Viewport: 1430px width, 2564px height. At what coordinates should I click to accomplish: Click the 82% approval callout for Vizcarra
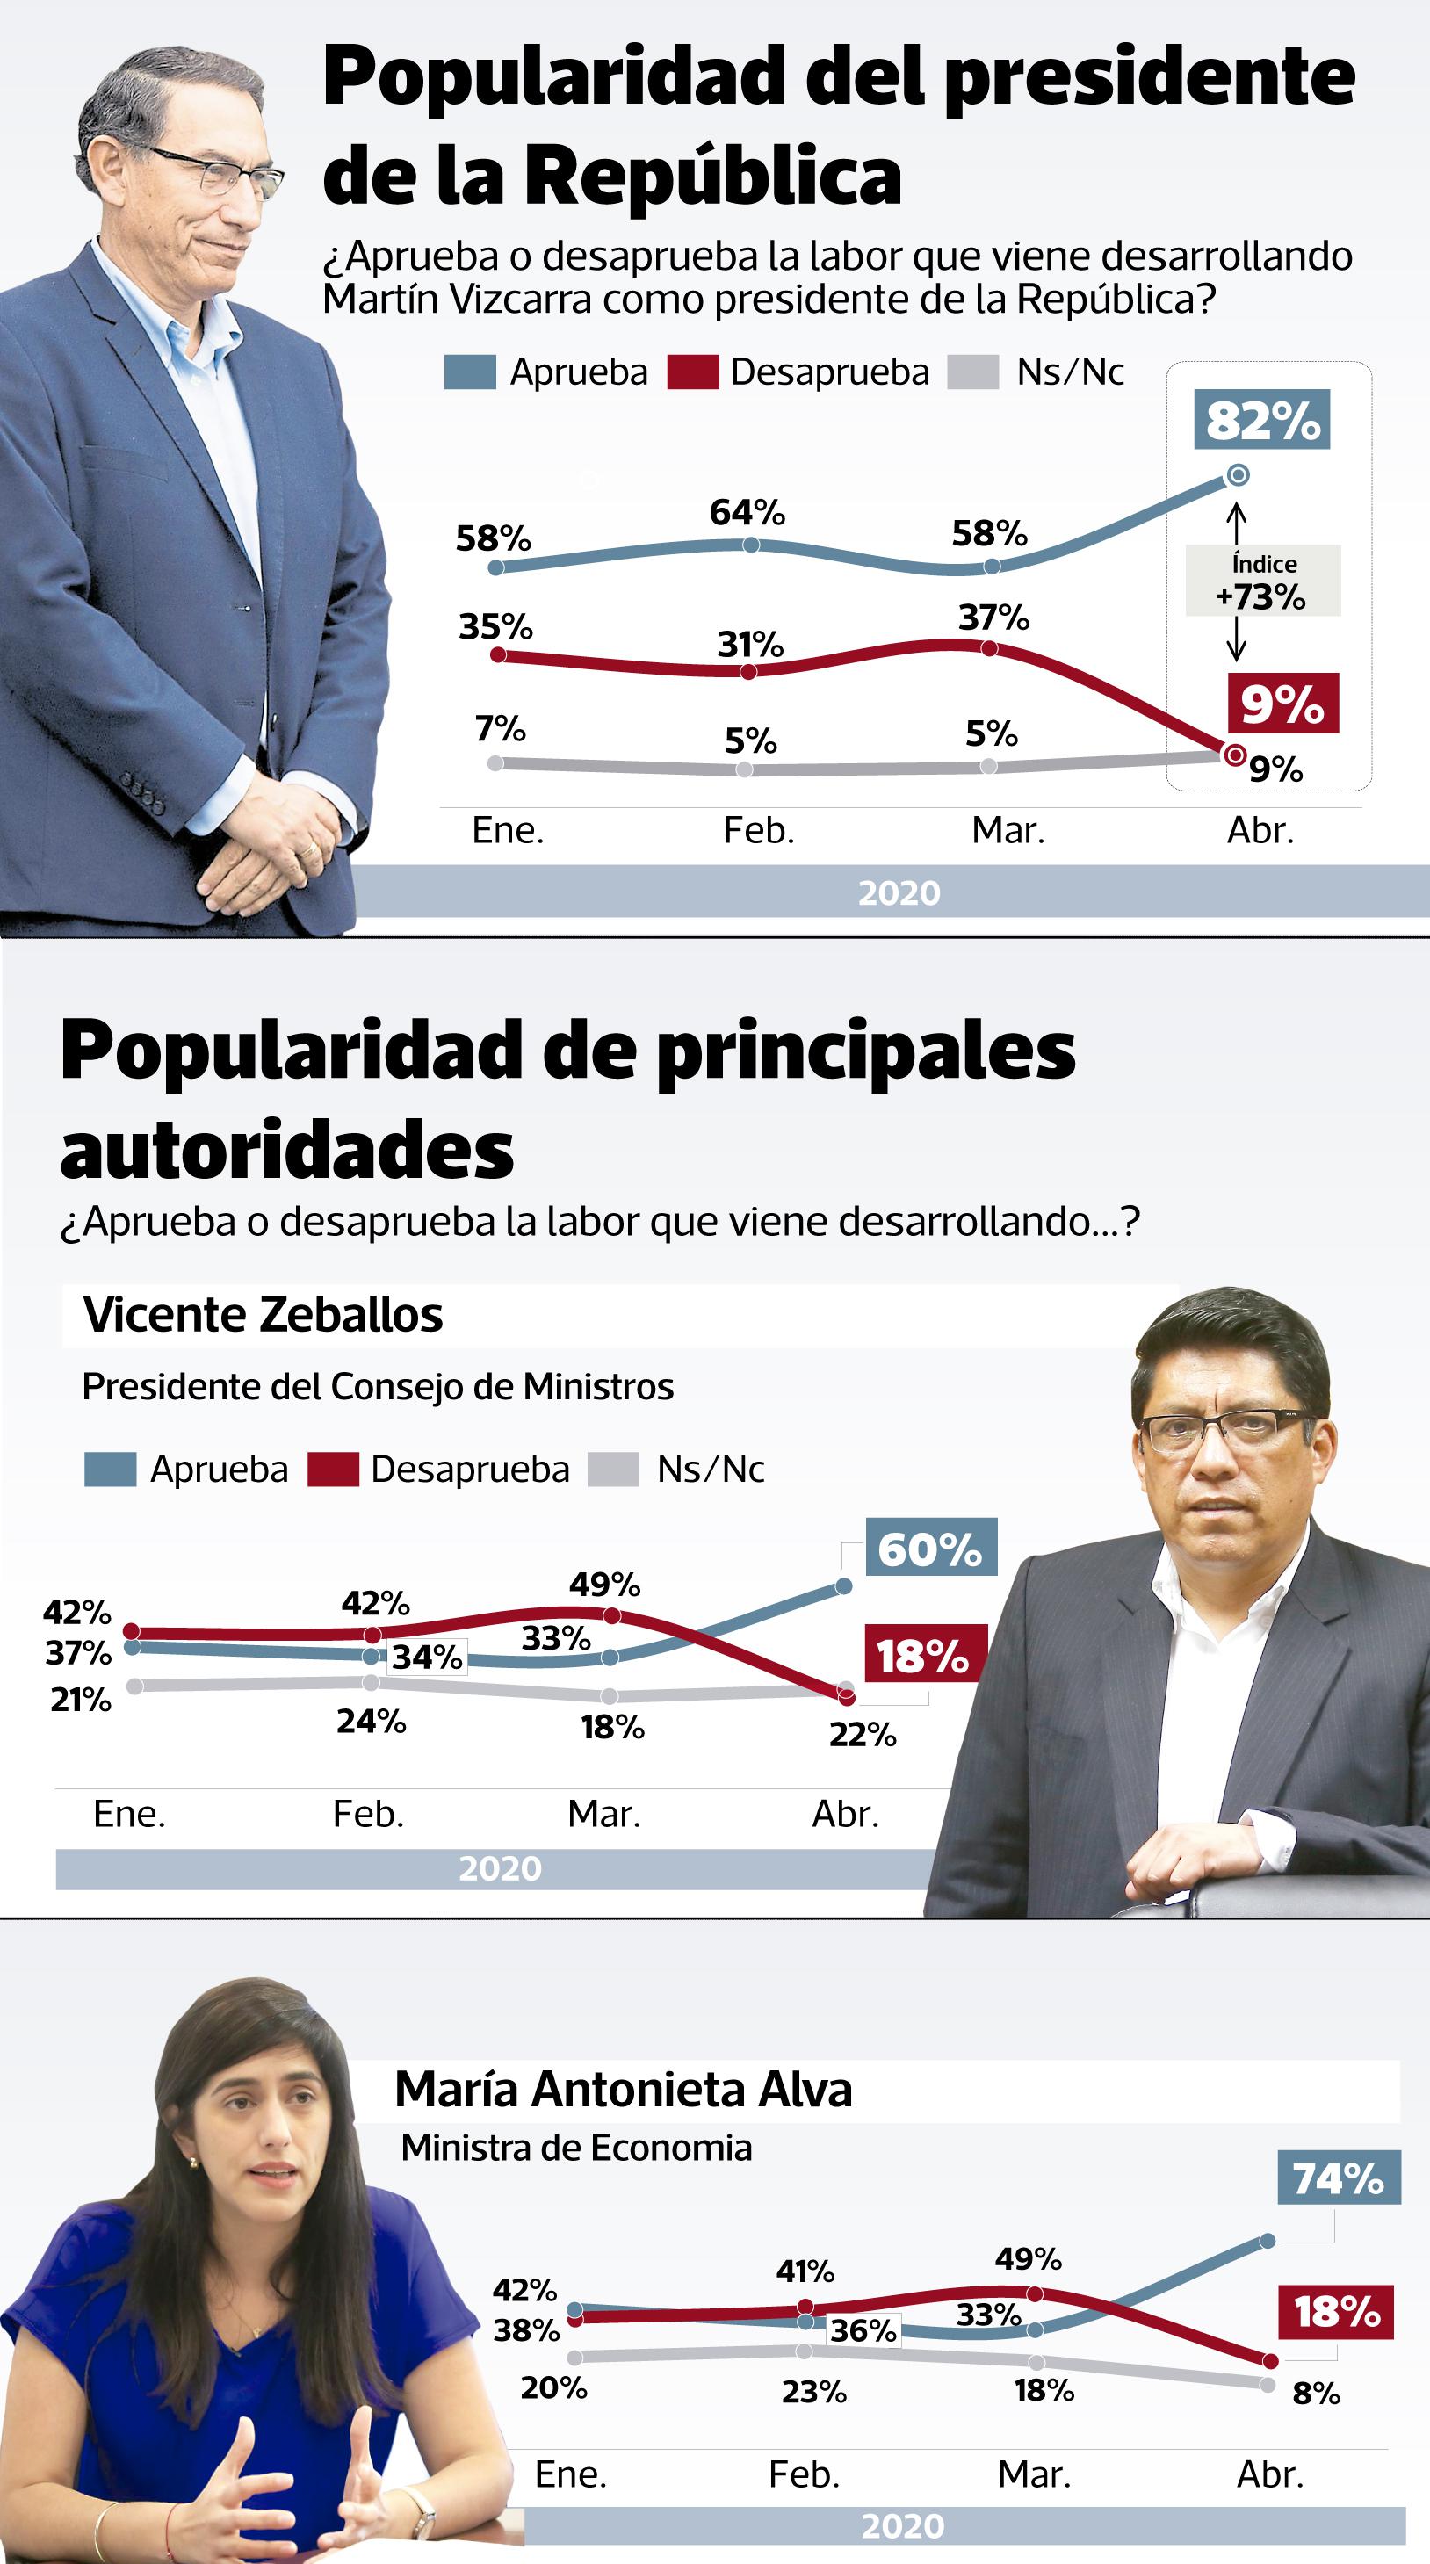pos(1262,420)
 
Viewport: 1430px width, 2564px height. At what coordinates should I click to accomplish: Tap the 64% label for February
pos(747,513)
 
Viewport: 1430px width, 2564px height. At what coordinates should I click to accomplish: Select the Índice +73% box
pos(1262,581)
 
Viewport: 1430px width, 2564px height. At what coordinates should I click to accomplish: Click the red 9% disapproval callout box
pos(1282,704)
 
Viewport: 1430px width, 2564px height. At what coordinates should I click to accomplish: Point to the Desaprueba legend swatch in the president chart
pos(693,372)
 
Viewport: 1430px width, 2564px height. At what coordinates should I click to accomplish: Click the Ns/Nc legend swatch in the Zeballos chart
pos(613,1470)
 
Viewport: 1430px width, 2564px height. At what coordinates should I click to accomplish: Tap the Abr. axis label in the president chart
pos(1260,830)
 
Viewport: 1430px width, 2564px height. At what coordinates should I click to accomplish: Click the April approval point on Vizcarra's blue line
pos(1237,476)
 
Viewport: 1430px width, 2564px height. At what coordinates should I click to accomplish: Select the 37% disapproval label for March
pos(993,618)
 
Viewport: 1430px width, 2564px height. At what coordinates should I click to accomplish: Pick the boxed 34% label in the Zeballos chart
pos(427,1658)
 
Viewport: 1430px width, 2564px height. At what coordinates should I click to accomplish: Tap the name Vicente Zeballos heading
pos(263,1315)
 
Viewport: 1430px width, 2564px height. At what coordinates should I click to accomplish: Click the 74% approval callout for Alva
pos(1338,2178)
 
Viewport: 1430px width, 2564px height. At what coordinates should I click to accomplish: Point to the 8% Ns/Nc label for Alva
pos(1316,2394)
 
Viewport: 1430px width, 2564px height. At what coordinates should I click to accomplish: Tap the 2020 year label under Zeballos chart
pos(500,1868)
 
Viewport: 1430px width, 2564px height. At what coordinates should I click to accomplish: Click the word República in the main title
pos(711,177)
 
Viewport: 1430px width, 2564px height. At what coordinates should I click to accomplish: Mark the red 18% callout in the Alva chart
pos(1335,2311)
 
